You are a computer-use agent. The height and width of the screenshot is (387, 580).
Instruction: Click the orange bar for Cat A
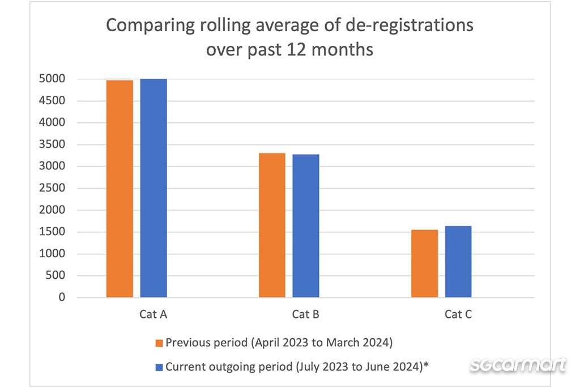coord(120,189)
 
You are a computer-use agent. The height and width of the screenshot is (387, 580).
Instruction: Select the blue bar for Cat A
coord(153,188)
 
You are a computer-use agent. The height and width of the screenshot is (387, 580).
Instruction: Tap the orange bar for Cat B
coord(272,225)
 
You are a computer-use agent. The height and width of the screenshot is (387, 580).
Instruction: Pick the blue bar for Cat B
coord(306,226)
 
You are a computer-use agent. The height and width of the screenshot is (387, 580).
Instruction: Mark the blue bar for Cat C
coord(458,262)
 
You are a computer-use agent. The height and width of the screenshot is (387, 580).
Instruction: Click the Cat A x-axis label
coord(153,314)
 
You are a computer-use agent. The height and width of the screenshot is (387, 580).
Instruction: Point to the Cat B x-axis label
coord(306,314)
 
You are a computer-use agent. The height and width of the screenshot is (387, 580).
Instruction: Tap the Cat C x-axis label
coord(458,314)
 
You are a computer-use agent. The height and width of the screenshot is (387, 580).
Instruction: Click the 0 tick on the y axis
coord(62,297)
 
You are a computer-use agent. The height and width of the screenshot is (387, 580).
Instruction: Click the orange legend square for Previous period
coord(159,343)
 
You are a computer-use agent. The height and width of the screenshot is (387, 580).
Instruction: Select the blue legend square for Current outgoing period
coord(159,367)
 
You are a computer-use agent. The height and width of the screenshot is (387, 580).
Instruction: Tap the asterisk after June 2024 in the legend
coord(426,365)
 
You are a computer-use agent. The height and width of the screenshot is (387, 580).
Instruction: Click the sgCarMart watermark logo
coord(518,365)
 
